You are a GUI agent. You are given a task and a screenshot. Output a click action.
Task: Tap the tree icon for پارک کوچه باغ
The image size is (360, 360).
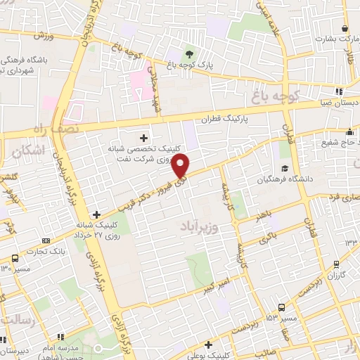pyautogui.click(x=188, y=54)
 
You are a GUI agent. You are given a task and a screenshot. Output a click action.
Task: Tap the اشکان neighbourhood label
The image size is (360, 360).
pyautogui.click(x=29, y=150)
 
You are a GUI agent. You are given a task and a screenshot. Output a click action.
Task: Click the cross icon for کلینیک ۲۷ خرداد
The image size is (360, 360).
pyautogui.click(x=96, y=214)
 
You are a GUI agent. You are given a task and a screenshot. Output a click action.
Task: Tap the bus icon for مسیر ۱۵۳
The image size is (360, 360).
pyautogui.click(x=282, y=307)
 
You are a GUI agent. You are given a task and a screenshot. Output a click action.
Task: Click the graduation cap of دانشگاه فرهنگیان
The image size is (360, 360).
pyautogui.click(x=285, y=167)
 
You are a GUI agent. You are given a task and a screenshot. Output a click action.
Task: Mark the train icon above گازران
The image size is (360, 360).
pyautogui.click(x=337, y=264)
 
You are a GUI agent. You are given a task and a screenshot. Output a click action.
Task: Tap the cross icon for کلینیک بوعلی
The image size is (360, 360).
pyautogui.click(x=209, y=345)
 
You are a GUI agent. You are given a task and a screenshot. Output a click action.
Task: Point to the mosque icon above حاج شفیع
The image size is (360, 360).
pyautogui.click(x=349, y=132)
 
